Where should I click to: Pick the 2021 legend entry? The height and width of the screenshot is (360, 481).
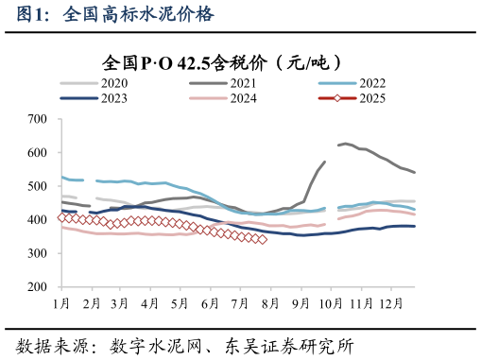244,84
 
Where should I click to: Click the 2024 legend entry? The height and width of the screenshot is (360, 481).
244,98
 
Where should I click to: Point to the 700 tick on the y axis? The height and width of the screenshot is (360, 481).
38,119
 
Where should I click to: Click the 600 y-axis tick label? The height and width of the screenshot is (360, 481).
38,153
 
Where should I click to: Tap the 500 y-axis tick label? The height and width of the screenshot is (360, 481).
38,186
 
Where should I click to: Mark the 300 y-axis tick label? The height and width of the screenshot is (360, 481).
38,253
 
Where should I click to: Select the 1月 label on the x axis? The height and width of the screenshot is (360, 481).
61,302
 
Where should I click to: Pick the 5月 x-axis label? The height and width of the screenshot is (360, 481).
179,302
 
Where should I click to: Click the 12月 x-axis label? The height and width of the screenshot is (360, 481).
387,302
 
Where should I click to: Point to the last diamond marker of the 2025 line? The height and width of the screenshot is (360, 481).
262,240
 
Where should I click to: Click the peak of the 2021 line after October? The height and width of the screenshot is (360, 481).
345,144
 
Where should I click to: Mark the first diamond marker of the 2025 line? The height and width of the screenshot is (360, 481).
62,217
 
